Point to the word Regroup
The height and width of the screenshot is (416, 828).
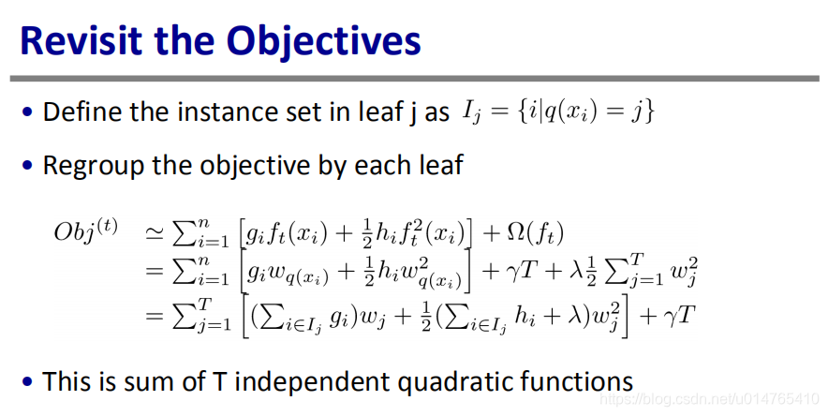pyautogui.click(x=94, y=166)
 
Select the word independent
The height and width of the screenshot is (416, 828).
pyautogui.click(x=312, y=382)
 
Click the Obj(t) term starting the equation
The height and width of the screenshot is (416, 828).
pyautogui.click(x=86, y=231)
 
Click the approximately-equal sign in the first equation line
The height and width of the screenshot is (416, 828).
pyautogui.click(x=155, y=234)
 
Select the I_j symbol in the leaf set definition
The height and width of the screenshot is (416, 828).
pyautogui.click(x=471, y=111)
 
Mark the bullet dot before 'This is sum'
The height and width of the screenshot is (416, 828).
pyautogui.click(x=27, y=381)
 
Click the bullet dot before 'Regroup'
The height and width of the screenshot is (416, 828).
pyautogui.click(x=27, y=165)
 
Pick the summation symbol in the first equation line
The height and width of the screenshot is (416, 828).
pyautogui.click(x=184, y=234)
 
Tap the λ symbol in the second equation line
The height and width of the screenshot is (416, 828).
pyautogui.click(x=576, y=273)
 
